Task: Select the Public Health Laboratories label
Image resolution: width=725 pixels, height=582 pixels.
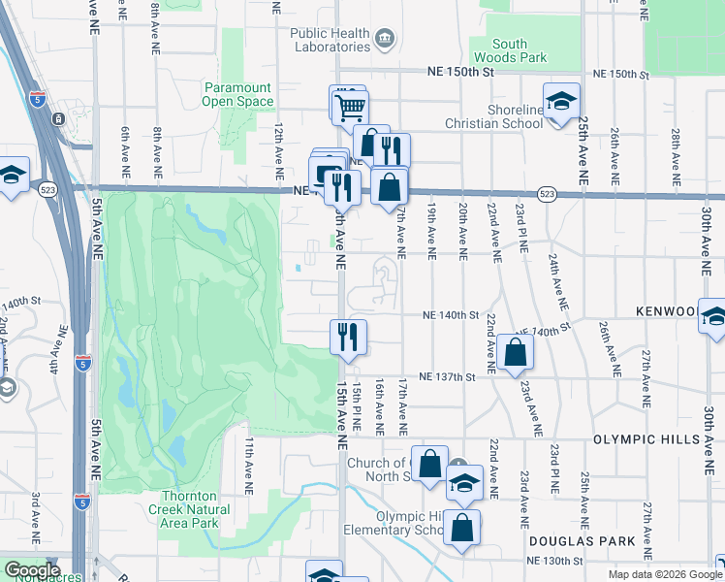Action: click(x=331, y=40)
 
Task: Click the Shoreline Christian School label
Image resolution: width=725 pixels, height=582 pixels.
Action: click(x=493, y=116)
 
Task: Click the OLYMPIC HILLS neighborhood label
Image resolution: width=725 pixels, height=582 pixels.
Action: click(x=646, y=439)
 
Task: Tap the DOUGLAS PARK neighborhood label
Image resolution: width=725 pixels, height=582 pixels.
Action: click(x=582, y=540)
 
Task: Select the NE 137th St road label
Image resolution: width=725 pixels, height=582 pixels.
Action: click(x=448, y=376)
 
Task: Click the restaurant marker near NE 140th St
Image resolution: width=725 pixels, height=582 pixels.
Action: click(x=347, y=337)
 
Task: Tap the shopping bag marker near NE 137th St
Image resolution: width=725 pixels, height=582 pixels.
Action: click(x=516, y=352)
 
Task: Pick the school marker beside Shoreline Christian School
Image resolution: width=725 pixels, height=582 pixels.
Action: click(x=560, y=102)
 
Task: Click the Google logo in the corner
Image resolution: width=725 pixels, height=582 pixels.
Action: click(x=32, y=570)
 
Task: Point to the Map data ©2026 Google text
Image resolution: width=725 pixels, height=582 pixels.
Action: click(x=664, y=574)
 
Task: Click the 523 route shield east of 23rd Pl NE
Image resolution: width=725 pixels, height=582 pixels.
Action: click(x=548, y=195)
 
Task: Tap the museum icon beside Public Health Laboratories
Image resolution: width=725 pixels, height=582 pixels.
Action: click(x=385, y=40)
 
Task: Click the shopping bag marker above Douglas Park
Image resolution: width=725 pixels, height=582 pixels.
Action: click(x=462, y=529)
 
